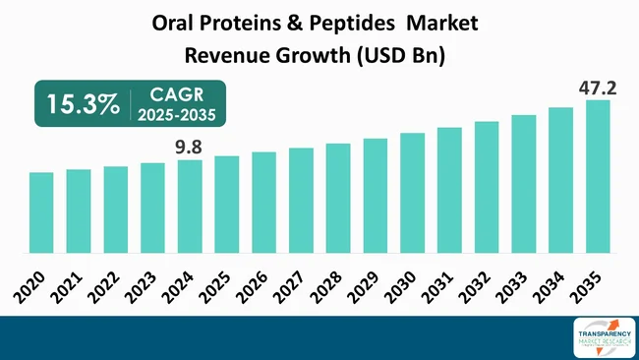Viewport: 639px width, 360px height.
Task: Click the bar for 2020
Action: coord(41,212)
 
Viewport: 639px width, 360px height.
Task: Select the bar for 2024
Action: coord(190,207)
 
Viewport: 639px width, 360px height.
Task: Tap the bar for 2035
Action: coord(598,177)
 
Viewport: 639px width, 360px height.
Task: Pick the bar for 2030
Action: coord(412,193)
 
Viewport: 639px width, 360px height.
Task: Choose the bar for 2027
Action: coord(301,201)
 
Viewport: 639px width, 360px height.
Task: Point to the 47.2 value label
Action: coord(597,88)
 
